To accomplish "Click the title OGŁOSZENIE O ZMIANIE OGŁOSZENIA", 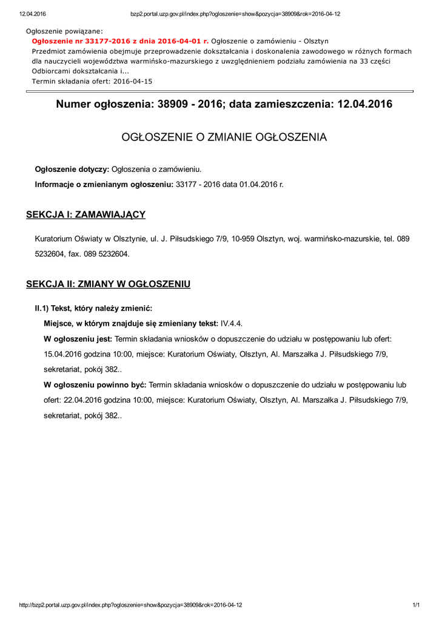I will click(x=224, y=137).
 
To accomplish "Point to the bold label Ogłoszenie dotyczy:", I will click(x=72, y=169).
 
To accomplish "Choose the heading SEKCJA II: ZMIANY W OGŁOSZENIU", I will click(x=109, y=284).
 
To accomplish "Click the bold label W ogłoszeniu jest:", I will click(x=78, y=338).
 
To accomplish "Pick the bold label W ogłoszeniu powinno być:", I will click(x=95, y=384).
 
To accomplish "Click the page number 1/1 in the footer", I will click(x=416, y=605).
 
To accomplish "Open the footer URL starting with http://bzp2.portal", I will click(x=131, y=605).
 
